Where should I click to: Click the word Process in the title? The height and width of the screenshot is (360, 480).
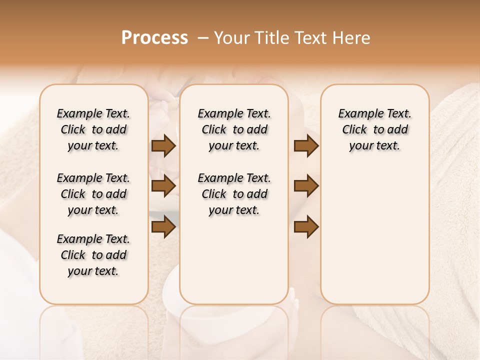154,38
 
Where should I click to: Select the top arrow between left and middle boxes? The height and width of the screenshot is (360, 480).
163,146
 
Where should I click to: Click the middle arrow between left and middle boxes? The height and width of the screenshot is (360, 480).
163,186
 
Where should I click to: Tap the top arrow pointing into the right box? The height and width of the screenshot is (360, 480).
306,146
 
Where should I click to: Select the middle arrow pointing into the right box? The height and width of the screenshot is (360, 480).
306,186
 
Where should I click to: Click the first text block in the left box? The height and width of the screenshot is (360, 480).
93,129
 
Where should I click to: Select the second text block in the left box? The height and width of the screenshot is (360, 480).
93,194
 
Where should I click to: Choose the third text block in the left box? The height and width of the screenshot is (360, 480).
93,255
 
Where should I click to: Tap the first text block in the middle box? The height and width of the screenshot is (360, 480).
234,129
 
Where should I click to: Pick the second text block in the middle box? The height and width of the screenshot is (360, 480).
234,194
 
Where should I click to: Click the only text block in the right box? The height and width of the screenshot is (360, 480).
375,129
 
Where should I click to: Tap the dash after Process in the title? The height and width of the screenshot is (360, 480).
203,38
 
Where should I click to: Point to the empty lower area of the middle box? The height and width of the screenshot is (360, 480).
234,260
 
